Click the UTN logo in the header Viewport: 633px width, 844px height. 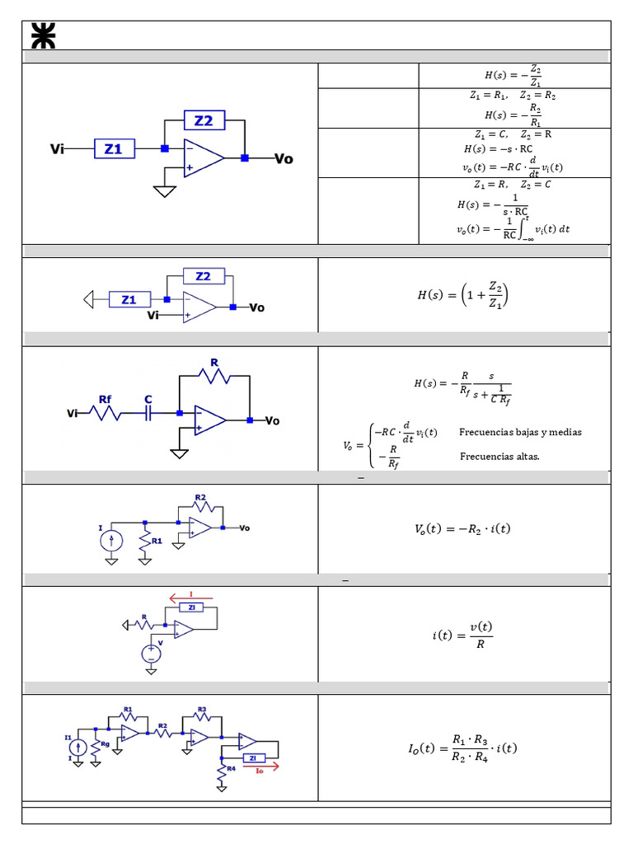[43, 36]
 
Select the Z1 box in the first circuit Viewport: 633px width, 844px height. [113, 149]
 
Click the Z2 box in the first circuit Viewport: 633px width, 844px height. [204, 120]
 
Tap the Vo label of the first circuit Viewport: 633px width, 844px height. [284, 159]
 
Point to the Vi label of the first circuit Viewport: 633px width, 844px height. [58, 149]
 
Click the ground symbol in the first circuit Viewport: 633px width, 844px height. [165, 191]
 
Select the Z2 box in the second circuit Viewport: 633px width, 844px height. [203, 276]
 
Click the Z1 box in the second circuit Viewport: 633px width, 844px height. [129, 299]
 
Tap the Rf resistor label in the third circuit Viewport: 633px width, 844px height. [105, 399]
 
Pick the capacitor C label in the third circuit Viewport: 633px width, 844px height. [148, 399]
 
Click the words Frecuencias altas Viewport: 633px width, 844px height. [499, 456]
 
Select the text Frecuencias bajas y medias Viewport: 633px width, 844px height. [520, 432]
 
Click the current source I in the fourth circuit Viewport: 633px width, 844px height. [111, 541]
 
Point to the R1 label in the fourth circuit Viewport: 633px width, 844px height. [157, 542]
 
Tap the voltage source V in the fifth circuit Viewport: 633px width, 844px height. [151, 654]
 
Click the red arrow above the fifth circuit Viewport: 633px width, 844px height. [190, 597]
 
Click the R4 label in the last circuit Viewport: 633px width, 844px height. [232, 769]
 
